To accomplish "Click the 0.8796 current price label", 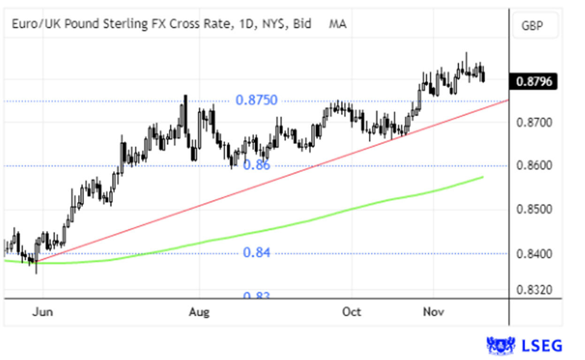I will pyautogui.click(x=533, y=82).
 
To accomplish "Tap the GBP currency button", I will pyautogui.click(x=532, y=25).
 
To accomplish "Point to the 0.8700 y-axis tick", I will pyautogui.click(x=533, y=123).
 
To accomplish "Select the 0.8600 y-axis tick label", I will pyautogui.click(x=533, y=166).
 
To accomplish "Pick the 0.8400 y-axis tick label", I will pyautogui.click(x=533, y=254).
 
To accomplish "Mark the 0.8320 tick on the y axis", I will pyautogui.click(x=533, y=291).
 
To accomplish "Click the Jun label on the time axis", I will pyautogui.click(x=42, y=312).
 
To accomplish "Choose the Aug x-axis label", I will pyautogui.click(x=200, y=312).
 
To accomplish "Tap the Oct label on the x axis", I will pyautogui.click(x=352, y=312).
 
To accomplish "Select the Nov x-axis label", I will pyautogui.click(x=433, y=312).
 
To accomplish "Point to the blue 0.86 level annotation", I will pyautogui.click(x=257, y=165).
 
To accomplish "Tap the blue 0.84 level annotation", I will pyautogui.click(x=257, y=253).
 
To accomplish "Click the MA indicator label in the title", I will pyautogui.click(x=338, y=24).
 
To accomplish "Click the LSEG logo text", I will pyautogui.click(x=542, y=346).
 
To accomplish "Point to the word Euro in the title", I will pyautogui.click(x=22, y=24).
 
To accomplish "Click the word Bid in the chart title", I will pyautogui.click(x=302, y=24).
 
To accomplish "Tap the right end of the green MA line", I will pyautogui.click(x=483, y=177).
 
